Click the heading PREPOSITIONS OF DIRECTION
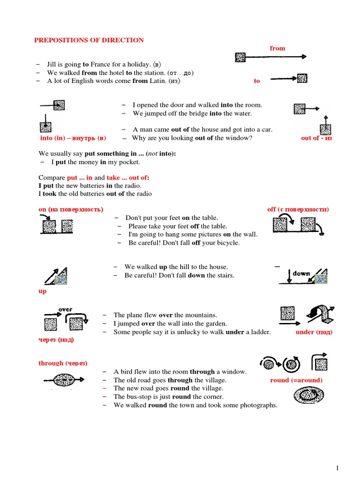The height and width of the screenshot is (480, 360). (89, 40)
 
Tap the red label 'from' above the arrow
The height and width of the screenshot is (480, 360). (277, 48)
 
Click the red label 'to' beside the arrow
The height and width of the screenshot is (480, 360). (256, 81)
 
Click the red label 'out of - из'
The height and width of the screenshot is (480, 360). (316, 138)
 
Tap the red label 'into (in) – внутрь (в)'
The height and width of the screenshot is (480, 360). (73, 138)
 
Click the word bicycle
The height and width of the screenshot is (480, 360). (226, 243)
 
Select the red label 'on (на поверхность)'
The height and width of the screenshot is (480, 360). (71, 209)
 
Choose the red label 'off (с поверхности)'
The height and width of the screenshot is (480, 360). (298, 209)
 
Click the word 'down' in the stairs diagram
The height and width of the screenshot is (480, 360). (301, 273)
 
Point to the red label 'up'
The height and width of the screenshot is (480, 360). (42, 291)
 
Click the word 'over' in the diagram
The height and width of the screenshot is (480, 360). (65, 309)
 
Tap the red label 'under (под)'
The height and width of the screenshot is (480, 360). (314, 332)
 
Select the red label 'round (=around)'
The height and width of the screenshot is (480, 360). (296, 380)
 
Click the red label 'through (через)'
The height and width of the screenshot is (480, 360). (63, 363)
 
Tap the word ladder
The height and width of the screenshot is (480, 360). (261, 332)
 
